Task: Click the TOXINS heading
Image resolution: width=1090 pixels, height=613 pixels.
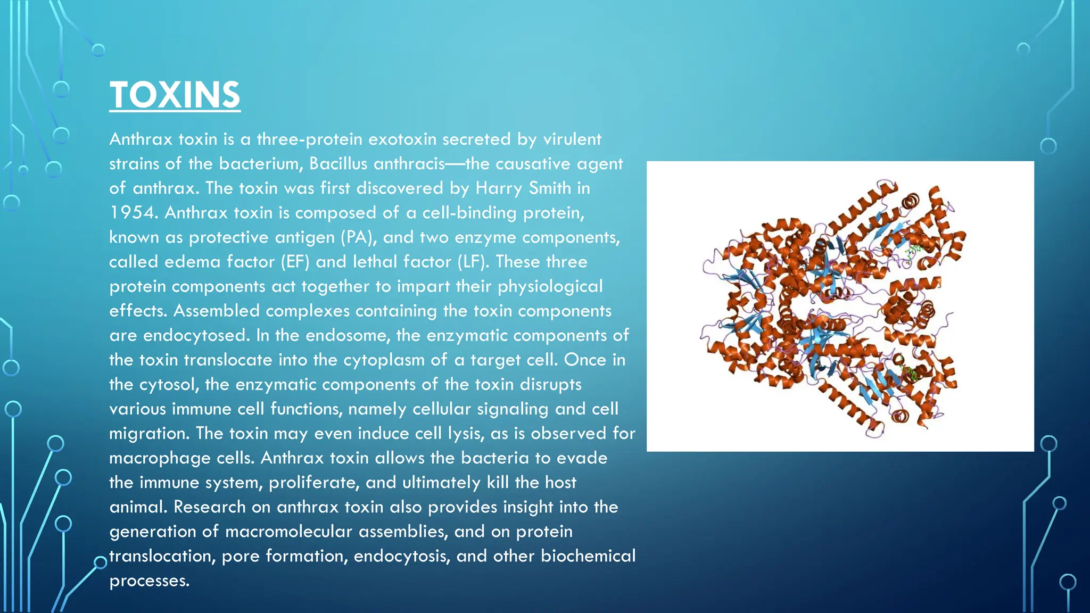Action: pos(175,95)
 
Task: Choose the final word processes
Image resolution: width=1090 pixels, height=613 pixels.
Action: pos(149,581)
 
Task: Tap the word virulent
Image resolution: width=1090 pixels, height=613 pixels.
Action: pos(572,139)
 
